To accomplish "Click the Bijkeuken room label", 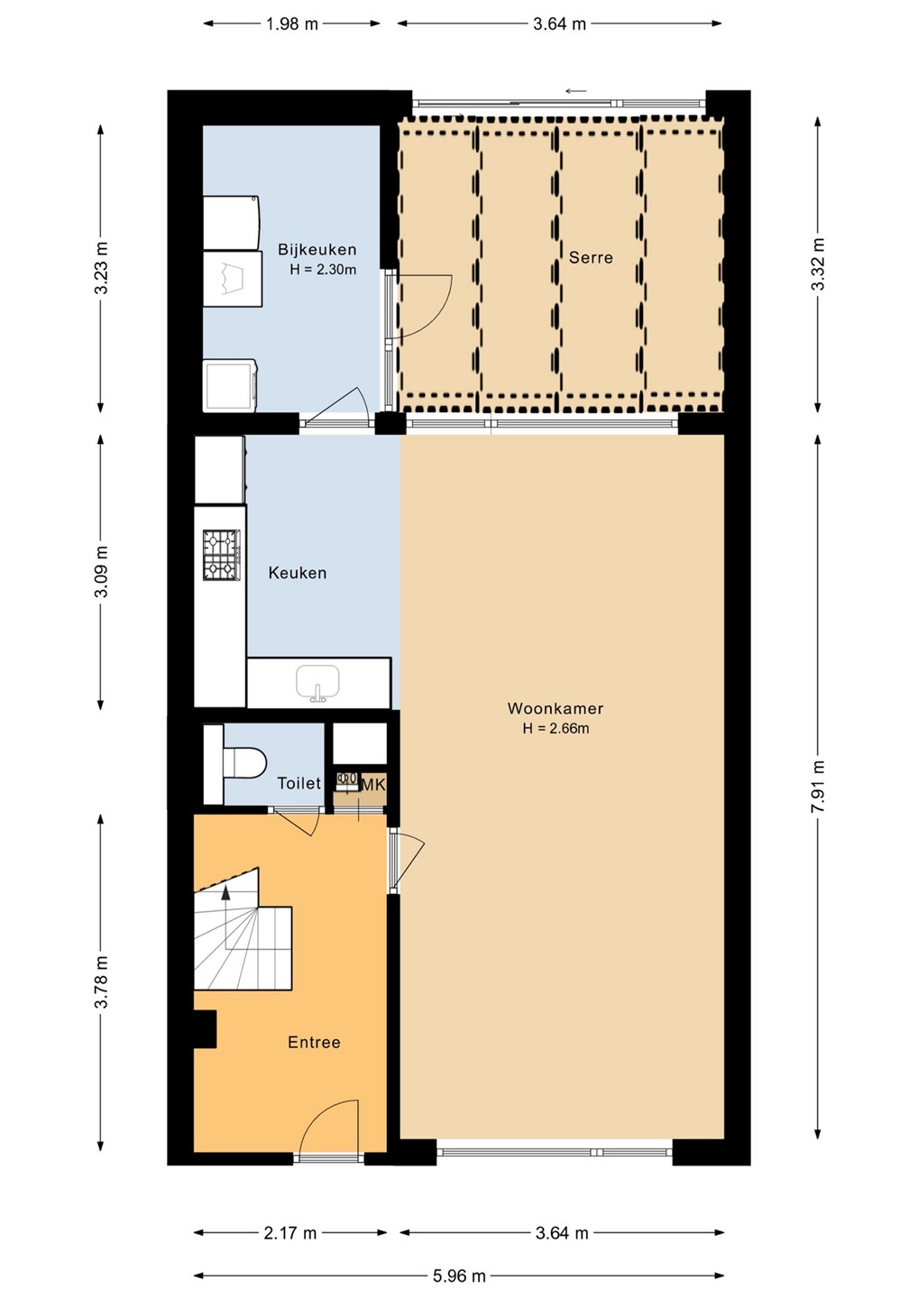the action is [317, 249].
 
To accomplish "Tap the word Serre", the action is [591, 257].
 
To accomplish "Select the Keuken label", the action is [298, 573].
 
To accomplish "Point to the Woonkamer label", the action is [555, 708].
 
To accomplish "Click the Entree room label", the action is [314, 1042].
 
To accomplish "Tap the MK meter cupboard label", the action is [373, 785].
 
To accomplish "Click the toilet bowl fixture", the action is [244, 762].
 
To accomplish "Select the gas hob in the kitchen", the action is [222, 555].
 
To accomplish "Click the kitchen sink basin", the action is [317, 681].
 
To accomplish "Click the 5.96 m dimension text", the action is [459, 1276].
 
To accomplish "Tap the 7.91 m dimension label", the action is [817, 787].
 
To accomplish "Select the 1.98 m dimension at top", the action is [292, 23].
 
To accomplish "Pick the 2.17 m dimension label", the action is [289, 1232].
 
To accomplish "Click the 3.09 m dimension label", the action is [101, 572].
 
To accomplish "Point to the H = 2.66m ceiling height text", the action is [555, 728].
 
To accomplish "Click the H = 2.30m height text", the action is [323, 270].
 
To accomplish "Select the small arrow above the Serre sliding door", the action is [576, 91].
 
